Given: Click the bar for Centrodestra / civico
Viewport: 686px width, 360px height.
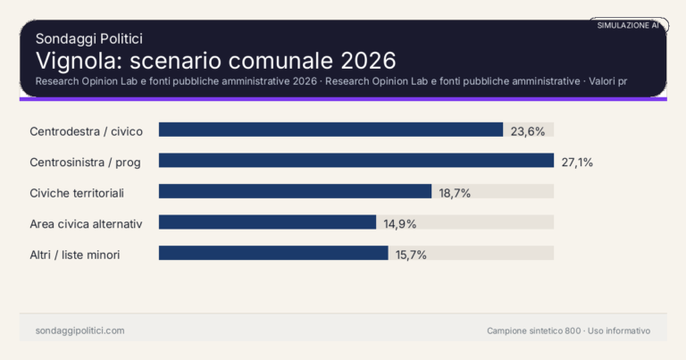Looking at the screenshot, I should (330, 130).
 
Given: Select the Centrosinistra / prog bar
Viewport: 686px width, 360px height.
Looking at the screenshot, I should (356, 161).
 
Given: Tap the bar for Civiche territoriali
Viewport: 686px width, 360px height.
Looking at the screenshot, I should (295, 191).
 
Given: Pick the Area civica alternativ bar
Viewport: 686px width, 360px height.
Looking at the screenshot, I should (267, 222).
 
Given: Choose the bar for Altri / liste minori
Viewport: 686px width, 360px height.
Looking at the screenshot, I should (273, 253).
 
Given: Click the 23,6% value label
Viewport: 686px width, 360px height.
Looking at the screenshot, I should (528, 130).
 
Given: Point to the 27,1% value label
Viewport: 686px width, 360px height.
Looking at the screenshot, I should (577, 162).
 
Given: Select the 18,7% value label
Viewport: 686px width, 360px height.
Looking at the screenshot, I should (455, 192).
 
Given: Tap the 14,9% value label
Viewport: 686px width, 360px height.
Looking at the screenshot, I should (400, 223).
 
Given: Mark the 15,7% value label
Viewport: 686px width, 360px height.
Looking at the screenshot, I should (411, 255).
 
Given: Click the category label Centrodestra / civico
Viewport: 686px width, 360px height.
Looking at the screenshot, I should (86, 130).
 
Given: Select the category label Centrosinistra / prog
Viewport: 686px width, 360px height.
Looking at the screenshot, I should (91, 162).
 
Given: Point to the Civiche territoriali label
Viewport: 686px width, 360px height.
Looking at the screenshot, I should (76, 192).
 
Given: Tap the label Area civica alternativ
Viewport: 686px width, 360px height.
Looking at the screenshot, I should (86, 223).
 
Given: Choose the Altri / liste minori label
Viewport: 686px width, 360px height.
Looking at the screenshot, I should (75, 255).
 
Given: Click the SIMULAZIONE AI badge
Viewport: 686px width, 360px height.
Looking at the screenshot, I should (628, 25).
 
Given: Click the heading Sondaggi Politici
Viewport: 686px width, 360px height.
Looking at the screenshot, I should (89, 38).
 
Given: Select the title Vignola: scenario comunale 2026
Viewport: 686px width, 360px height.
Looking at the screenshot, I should (215, 60).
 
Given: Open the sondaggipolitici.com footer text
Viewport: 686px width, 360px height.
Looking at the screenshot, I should (79, 331).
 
